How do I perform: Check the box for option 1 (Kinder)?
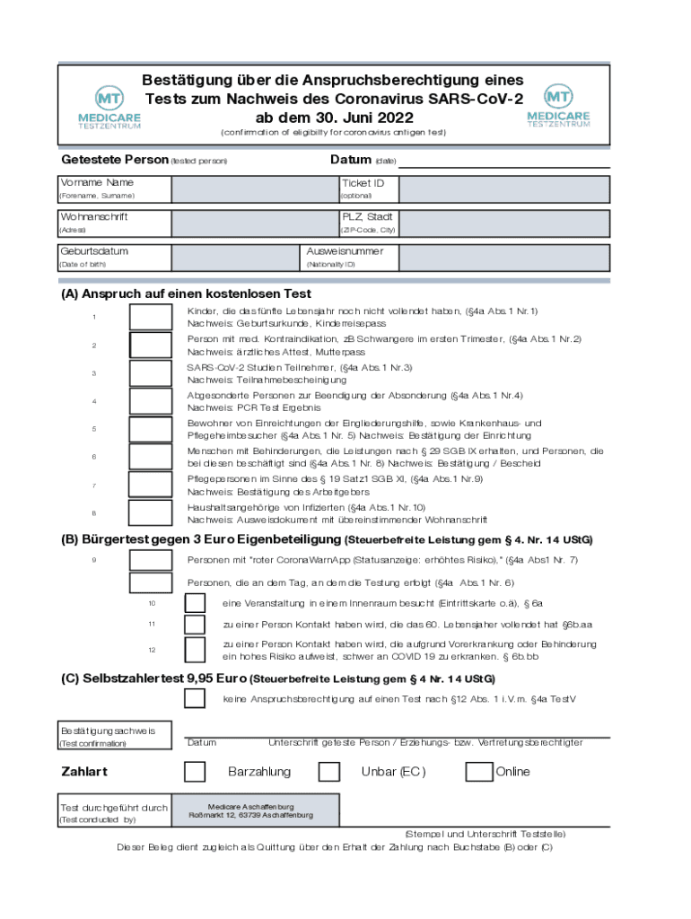(150, 317)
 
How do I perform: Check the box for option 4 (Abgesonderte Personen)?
(150, 401)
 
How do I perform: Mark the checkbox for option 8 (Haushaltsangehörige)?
(150, 513)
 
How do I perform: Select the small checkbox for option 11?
(194, 625)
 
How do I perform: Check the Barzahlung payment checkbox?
(194, 772)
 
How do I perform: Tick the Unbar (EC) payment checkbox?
(329, 772)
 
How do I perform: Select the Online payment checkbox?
(480, 772)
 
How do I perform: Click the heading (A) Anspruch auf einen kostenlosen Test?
(186, 293)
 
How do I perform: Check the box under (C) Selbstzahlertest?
(194, 698)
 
